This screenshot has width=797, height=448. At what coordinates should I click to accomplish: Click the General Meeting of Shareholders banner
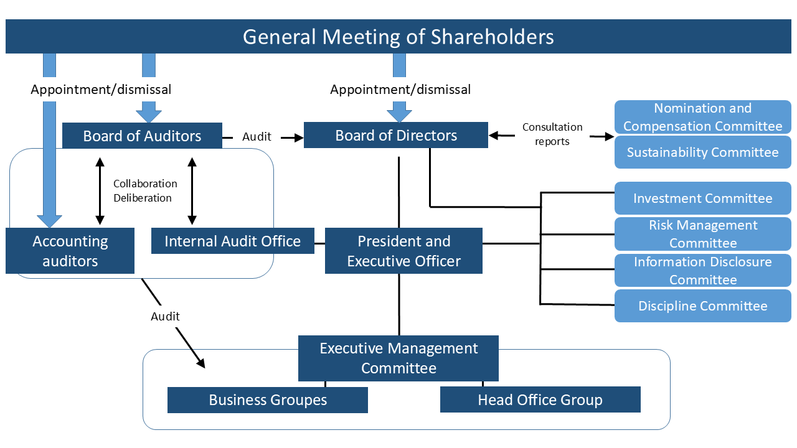[398, 37]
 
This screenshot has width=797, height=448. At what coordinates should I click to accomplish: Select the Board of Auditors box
[142, 136]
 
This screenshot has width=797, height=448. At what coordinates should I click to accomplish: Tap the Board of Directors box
[396, 136]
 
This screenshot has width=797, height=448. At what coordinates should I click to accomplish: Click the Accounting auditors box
[70, 251]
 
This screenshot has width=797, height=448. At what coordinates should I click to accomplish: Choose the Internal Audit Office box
[232, 241]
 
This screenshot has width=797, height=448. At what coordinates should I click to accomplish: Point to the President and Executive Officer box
[403, 251]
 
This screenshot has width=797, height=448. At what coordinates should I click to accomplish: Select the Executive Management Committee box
[398, 358]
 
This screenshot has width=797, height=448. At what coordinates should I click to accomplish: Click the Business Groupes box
[268, 400]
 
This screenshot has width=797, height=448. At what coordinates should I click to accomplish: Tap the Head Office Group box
[540, 400]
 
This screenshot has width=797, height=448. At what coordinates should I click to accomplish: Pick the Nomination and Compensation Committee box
[702, 117]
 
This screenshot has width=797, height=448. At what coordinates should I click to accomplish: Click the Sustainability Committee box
[702, 152]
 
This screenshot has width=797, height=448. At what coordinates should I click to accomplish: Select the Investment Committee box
[702, 198]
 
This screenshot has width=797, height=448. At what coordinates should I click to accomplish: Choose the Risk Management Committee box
[702, 234]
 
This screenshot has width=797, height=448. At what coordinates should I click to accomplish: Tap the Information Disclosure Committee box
[702, 271]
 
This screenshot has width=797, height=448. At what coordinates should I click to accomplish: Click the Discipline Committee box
[702, 306]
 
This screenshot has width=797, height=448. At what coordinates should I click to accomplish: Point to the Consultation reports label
[552, 134]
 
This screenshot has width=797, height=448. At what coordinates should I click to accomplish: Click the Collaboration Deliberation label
[145, 191]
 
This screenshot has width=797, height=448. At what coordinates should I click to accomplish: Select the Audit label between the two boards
[257, 136]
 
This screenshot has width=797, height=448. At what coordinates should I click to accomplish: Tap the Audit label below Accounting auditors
[165, 317]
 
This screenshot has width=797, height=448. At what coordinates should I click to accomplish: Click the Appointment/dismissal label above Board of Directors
[400, 90]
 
